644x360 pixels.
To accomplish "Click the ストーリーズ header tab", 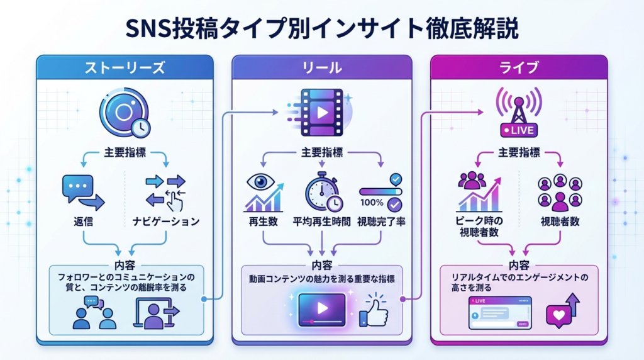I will [125, 67].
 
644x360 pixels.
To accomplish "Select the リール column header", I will [322, 67].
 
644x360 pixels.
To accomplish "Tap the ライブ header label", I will [519, 67].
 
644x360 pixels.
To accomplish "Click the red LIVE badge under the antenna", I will [519, 131].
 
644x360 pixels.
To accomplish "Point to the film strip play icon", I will [321, 112].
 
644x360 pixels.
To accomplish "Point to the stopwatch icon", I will [323, 191].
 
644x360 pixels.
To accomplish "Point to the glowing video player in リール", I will [321, 309].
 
